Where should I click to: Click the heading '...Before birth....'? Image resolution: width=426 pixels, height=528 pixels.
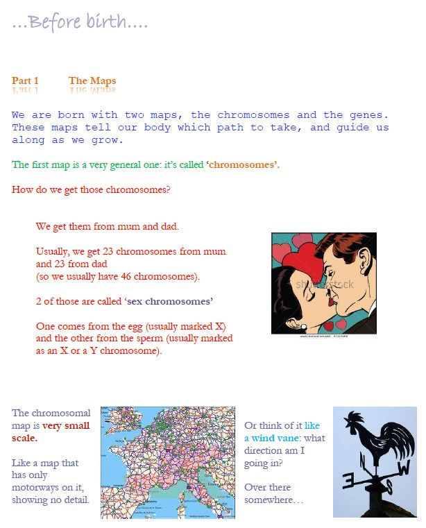80,22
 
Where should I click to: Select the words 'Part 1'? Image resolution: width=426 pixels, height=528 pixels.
25,80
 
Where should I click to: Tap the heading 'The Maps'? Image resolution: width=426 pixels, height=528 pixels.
92,80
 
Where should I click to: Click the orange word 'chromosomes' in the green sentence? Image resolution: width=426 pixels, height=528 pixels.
241,164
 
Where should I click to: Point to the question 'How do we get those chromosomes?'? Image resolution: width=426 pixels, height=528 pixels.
91,190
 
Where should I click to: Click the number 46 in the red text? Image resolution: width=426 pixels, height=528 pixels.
126,276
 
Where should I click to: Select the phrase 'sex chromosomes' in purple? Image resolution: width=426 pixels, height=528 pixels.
170,301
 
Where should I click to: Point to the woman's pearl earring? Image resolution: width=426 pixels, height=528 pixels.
303,326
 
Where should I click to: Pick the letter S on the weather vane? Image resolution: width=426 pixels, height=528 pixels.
389,486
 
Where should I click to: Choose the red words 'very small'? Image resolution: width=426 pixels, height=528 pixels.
66,425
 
